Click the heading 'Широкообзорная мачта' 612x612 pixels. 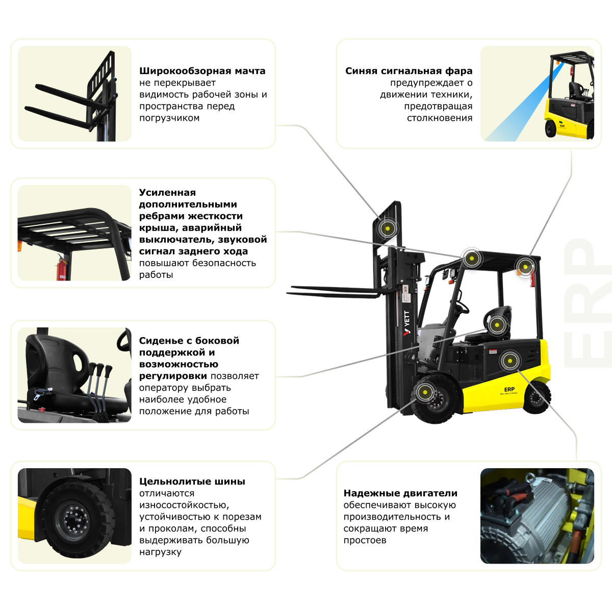point(202,71)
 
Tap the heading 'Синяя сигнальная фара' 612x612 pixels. point(409,71)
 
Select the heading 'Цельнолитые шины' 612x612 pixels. point(192,481)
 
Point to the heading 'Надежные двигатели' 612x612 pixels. point(400,493)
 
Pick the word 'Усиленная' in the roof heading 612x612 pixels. point(167,193)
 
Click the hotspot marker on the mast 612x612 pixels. point(387,228)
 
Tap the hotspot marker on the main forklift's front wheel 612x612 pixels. point(424,392)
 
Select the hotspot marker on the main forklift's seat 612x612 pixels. point(497,324)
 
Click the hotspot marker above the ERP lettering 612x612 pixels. point(509,361)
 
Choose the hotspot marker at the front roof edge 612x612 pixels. point(472,259)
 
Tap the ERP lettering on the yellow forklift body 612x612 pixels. point(509,389)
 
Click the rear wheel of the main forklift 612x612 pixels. point(536,397)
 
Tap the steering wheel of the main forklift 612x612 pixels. point(462,306)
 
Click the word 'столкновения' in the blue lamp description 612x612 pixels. point(439,118)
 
